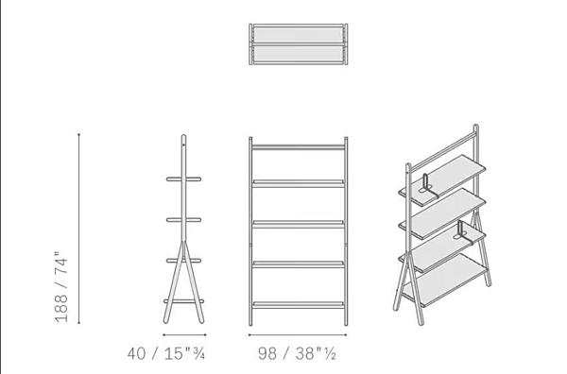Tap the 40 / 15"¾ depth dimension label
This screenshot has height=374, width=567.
166,353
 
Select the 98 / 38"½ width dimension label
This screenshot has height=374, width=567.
298,353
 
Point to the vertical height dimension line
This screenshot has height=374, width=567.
78,229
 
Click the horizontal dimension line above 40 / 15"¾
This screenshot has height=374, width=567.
184,335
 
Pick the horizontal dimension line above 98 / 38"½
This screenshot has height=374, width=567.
298,335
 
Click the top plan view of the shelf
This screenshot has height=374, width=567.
299,44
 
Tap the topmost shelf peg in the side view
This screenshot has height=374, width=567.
183,178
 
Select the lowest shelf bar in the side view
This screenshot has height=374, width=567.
183,301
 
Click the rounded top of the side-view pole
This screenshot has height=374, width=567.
183,137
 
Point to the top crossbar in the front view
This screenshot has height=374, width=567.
298,147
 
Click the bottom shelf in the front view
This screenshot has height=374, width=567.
298,305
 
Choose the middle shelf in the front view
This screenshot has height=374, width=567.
298,224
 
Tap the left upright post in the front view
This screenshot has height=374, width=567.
250,231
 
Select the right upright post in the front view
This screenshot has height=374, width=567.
346,231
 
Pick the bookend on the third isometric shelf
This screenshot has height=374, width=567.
463,233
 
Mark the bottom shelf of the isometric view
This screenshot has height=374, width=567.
445,280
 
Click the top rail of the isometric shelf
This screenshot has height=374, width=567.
444,150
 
